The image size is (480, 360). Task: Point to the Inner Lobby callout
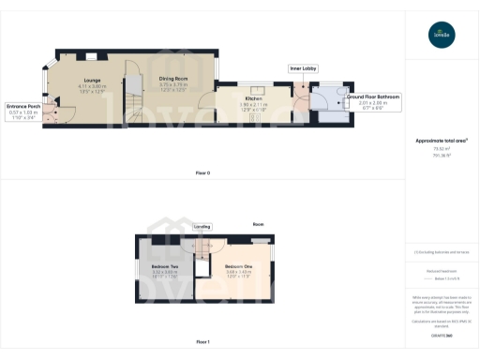click(x=301, y=68)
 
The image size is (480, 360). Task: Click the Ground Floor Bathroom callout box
click(x=372, y=101)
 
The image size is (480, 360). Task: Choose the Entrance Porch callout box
click(x=25, y=110)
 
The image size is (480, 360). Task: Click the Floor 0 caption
click(x=202, y=173)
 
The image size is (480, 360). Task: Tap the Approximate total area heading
click(x=442, y=141)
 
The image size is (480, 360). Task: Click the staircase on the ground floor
click(x=134, y=92)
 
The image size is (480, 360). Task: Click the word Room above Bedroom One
click(x=258, y=225)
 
